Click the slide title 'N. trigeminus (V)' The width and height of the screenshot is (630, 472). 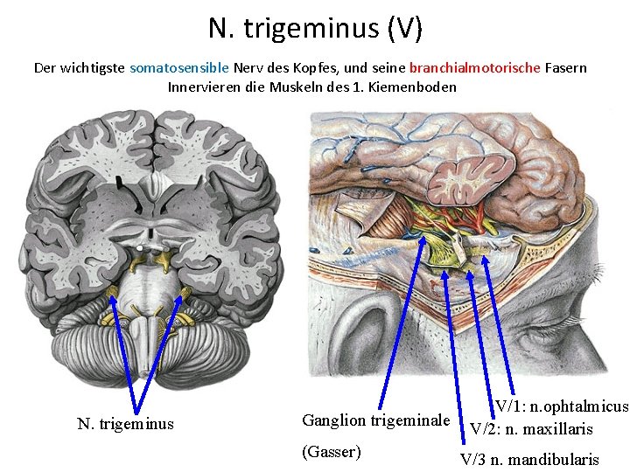[x=315, y=28]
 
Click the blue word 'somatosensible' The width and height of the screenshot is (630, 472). [x=179, y=67]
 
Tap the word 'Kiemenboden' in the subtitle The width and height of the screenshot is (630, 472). [x=415, y=87]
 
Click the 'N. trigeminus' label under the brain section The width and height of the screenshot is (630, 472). [x=125, y=424]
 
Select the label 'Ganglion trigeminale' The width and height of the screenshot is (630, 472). [x=375, y=420]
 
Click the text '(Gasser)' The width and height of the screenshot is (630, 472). [x=331, y=451]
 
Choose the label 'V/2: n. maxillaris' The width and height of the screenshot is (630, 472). [x=531, y=428]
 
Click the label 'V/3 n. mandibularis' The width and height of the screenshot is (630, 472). [x=530, y=459]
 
